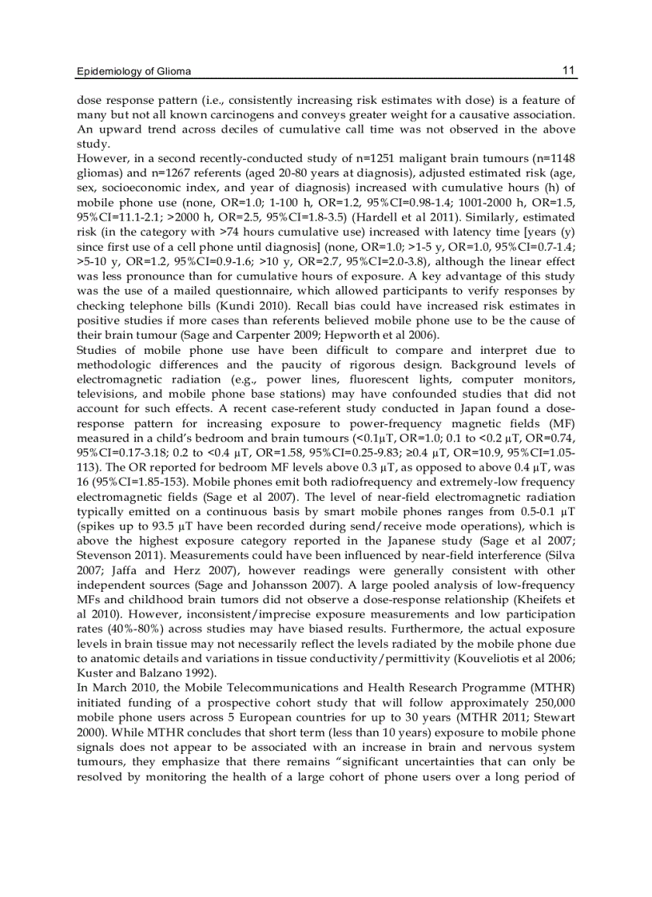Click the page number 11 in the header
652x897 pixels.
tap(568, 70)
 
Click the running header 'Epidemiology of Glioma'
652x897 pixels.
tap(133, 72)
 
